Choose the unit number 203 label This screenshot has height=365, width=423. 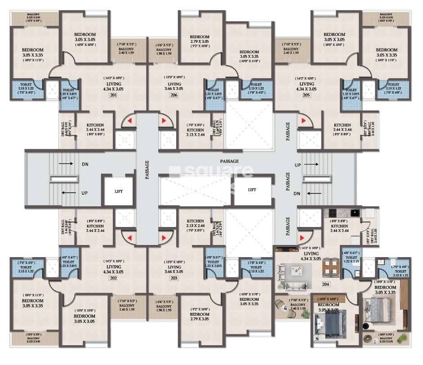click(174, 278)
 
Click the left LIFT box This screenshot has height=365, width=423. click(118, 191)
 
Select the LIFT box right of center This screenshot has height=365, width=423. click(252, 190)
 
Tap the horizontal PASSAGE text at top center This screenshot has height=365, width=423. click(229, 161)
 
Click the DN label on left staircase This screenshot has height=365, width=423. click(85, 165)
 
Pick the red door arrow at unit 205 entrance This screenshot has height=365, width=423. click(304, 121)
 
